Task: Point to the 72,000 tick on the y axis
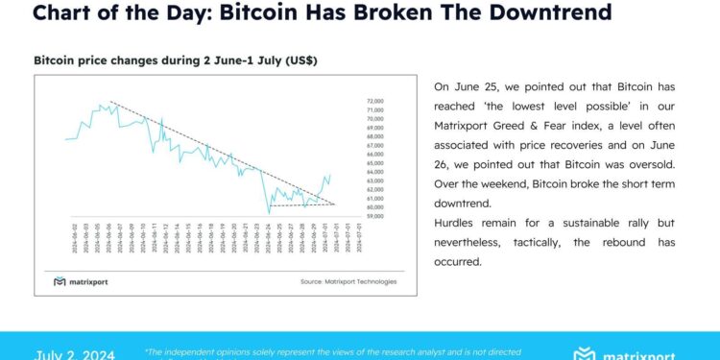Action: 375,101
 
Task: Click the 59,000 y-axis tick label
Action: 375,216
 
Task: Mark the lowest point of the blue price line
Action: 268,212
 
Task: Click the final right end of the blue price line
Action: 330,176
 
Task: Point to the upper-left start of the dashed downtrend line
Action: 110,101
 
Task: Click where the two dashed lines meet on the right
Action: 334,204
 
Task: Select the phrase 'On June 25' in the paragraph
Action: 464,85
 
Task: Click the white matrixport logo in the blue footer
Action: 635,354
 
